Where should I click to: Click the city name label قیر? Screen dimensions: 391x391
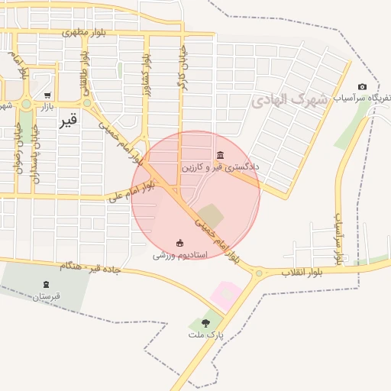pos(68,120)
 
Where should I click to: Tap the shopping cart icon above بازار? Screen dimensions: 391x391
pos(47,95)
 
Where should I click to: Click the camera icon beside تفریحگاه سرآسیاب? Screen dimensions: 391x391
pos(362,87)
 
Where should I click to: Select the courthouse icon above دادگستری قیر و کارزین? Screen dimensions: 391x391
pos(220,155)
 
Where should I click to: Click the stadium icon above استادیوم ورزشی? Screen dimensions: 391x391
pos(180,244)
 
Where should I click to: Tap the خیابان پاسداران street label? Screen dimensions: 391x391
pos(36,157)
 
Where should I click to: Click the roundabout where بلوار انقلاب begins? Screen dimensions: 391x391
pos(259,273)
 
